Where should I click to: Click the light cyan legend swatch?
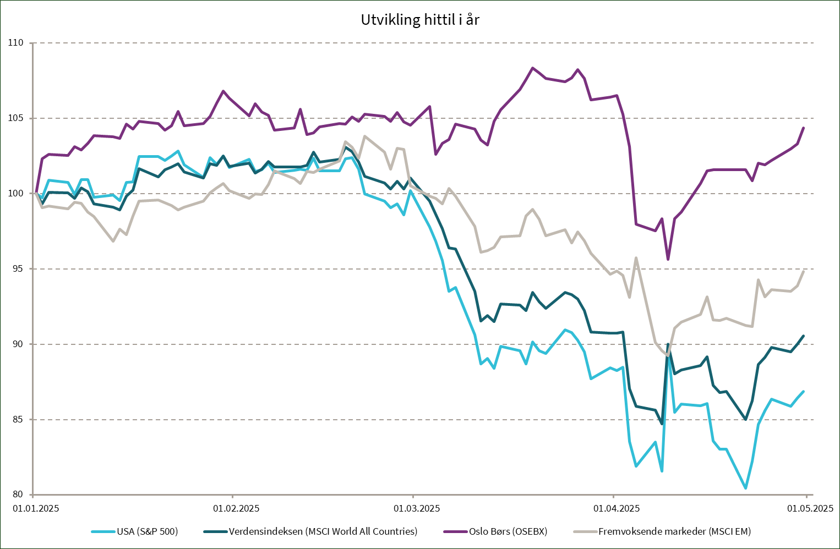103,531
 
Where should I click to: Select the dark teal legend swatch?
215,531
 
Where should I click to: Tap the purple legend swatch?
455,531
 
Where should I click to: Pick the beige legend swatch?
585,531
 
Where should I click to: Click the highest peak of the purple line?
532,68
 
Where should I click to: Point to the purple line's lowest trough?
668,259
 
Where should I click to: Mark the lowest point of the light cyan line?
746,488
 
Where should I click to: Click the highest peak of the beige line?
364,136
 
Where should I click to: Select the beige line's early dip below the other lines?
113,241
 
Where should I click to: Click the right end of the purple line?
804,128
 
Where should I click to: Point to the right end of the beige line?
804,271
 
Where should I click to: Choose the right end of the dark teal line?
804,336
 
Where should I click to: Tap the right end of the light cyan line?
804,391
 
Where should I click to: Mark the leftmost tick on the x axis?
34,496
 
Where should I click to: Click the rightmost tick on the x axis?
806,496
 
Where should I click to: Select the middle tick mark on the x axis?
413,496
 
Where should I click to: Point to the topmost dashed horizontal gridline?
424,43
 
